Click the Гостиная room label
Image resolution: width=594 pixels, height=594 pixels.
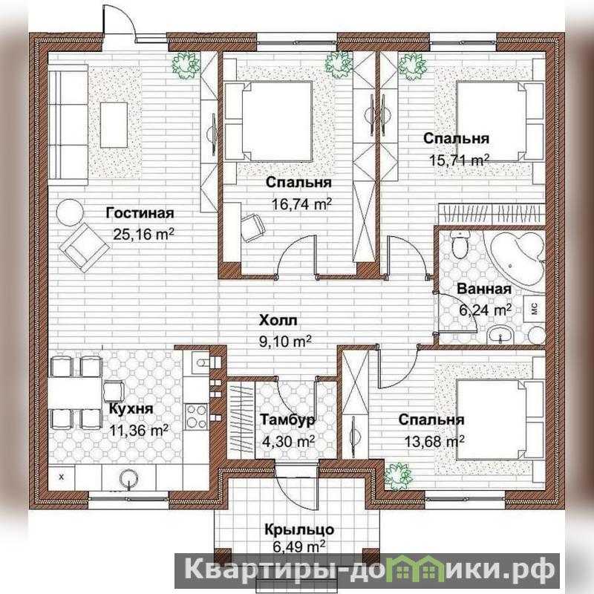(x=140, y=213)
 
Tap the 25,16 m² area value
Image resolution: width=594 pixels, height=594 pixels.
(x=143, y=234)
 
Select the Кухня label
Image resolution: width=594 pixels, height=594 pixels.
(x=131, y=409)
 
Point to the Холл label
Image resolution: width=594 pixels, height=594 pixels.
(x=278, y=321)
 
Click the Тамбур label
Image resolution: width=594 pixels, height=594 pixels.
(x=287, y=420)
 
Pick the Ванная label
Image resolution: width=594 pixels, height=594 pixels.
(x=484, y=289)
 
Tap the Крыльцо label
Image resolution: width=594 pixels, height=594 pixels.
(x=299, y=529)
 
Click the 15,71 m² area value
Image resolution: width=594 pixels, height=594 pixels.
(x=459, y=160)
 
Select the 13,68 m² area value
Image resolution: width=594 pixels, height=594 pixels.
(x=434, y=441)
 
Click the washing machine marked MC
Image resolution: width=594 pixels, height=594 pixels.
(x=534, y=307)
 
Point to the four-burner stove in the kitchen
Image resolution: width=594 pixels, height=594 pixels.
(x=196, y=417)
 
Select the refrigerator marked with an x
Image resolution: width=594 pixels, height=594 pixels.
(x=62, y=477)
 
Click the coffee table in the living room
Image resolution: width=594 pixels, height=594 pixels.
(x=114, y=125)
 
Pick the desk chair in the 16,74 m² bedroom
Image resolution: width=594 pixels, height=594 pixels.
(x=252, y=227)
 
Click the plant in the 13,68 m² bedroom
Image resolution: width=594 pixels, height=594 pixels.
(x=398, y=477)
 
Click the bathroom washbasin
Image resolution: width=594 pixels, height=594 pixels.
(x=500, y=335)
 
